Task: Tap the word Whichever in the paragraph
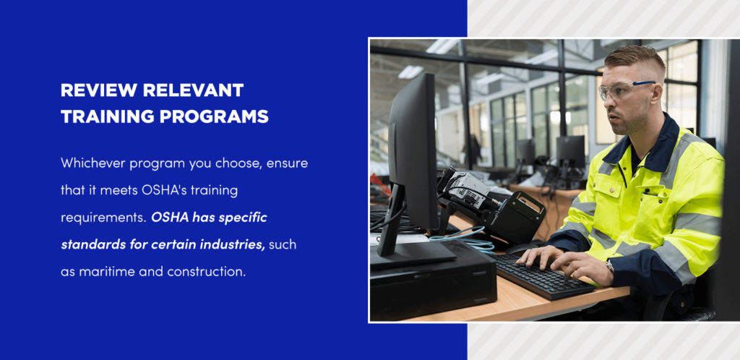click(x=92, y=163)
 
